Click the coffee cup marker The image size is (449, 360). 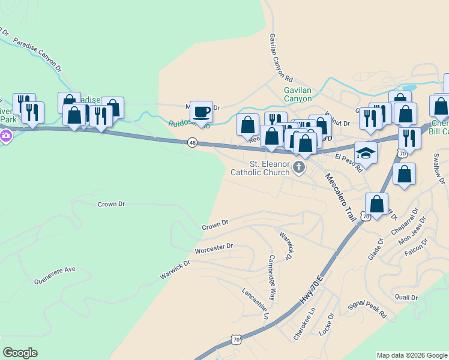pyautogui.click(x=201, y=111)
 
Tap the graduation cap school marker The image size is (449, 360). pyautogui.click(x=366, y=153)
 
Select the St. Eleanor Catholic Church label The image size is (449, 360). pyautogui.click(x=262, y=168)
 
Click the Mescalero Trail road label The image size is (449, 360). pyautogui.click(x=339, y=197)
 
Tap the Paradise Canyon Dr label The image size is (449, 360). pyautogui.click(x=37, y=55)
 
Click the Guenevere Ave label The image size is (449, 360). pyautogui.click(x=55, y=270)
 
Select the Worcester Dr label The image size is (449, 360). pyautogui.click(x=213, y=247)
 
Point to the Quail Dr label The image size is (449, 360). pyautogui.click(x=406, y=297)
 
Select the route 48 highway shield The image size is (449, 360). pyautogui.click(x=192, y=143)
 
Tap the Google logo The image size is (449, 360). pyautogui.click(x=20, y=353)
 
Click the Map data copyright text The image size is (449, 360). pyautogui.click(x=412, y=355)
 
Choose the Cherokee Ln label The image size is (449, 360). pyautogui.click(x=304, y=325)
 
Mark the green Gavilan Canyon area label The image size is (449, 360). pyautogui.click(x=298, y=94)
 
